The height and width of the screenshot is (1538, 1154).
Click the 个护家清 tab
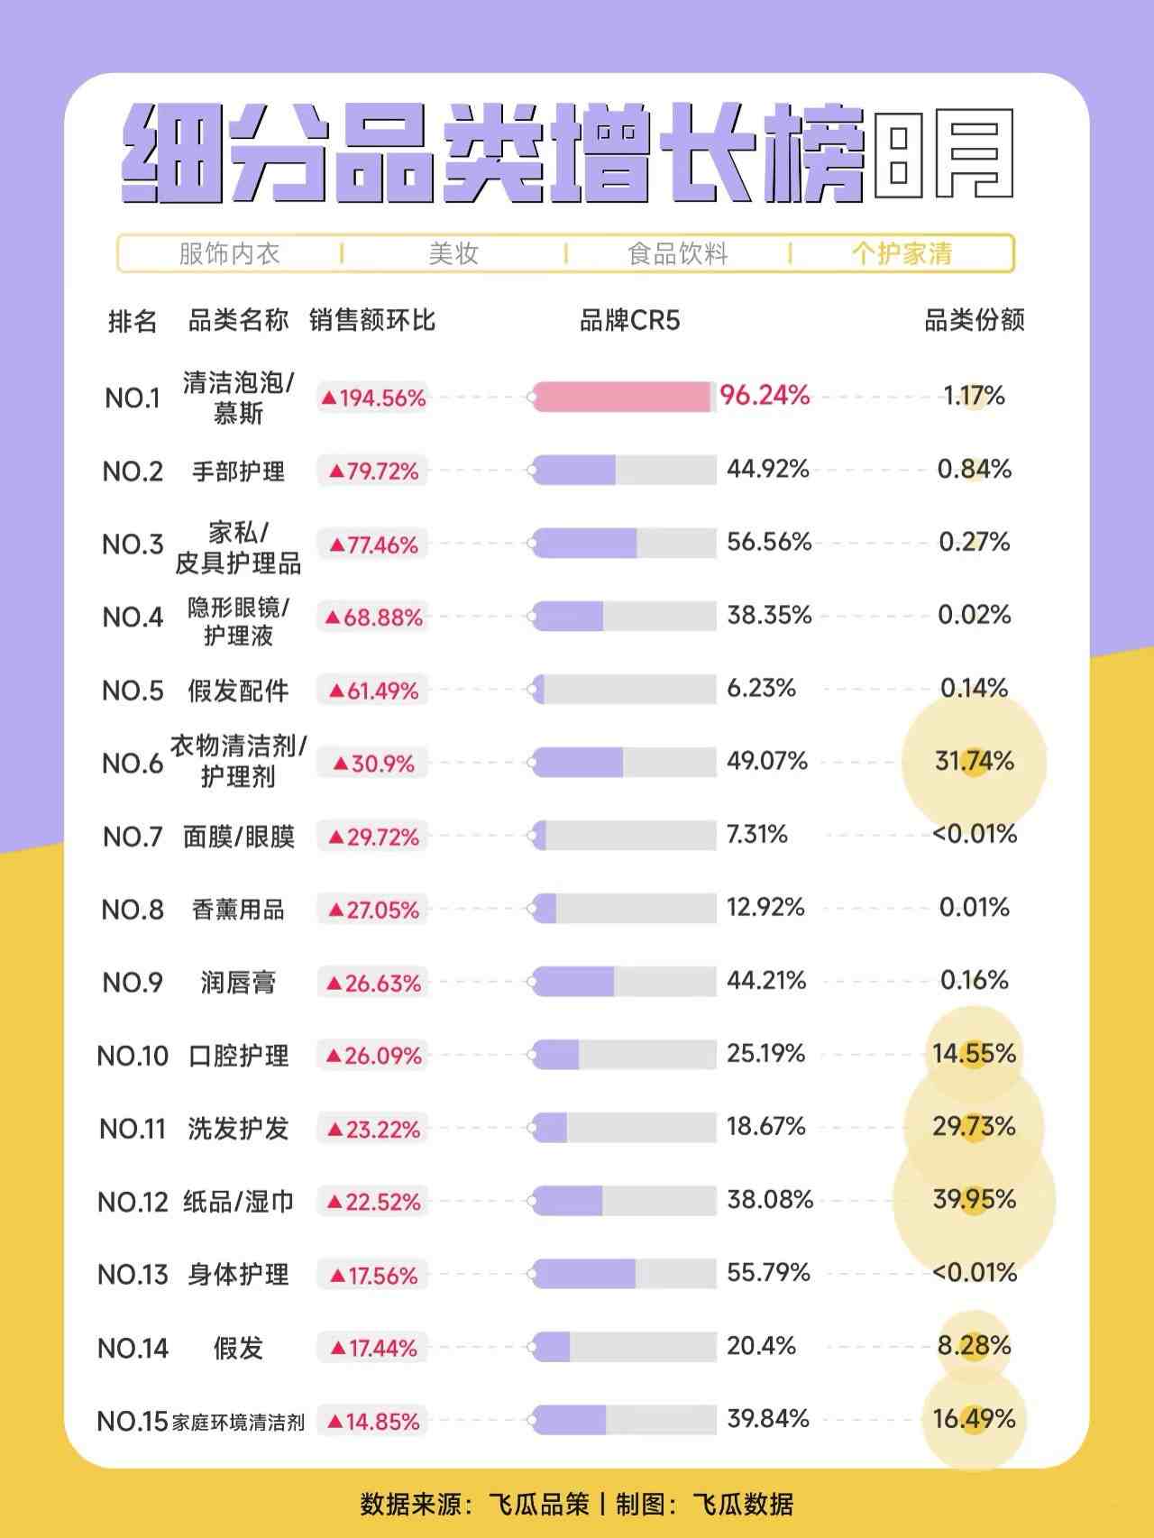902,253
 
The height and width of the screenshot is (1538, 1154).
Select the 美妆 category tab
453,253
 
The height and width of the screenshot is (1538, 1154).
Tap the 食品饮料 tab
678,253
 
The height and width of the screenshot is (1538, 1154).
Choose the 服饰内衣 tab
229,253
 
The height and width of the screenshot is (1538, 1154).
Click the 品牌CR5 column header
629,320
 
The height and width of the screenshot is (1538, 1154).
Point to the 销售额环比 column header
371,320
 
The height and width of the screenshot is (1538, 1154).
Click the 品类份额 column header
975,320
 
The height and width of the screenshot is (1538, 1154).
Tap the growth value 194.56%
373,398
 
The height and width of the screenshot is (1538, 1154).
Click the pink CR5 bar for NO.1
622,397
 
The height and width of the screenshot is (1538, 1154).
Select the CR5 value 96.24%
765,395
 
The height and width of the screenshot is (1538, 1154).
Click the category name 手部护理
238,471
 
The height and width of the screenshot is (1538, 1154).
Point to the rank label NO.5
133,691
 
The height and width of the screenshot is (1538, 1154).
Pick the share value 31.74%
975,761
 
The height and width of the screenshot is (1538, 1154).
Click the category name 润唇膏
238,982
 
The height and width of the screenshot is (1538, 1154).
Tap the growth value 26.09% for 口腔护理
373,1056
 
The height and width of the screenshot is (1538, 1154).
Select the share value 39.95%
975,1199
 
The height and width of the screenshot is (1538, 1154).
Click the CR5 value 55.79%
768,1272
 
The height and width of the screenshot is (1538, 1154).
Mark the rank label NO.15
133,1422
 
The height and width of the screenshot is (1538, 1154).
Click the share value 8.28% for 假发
975,1346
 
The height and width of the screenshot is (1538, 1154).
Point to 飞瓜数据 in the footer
743,1505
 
